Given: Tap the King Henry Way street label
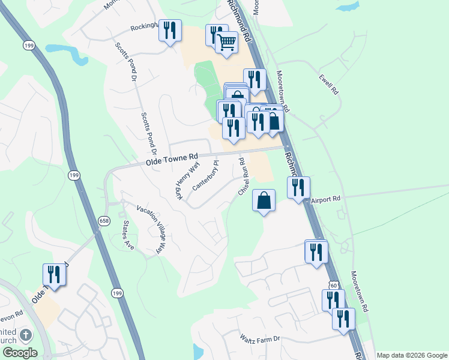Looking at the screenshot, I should (187, 181).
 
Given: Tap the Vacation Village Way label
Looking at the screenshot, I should (151, 229).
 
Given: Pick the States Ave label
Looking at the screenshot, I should (127, 235).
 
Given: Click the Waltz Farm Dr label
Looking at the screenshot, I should (260, 339).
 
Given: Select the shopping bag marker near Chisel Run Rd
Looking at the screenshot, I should (264, 200).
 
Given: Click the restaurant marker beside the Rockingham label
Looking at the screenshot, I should (170, 31).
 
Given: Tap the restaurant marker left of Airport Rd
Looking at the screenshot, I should (298, 187).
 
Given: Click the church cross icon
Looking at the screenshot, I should (26, 335).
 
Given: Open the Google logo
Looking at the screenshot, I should (20, 353).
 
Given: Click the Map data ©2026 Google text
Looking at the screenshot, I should (412, 355).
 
